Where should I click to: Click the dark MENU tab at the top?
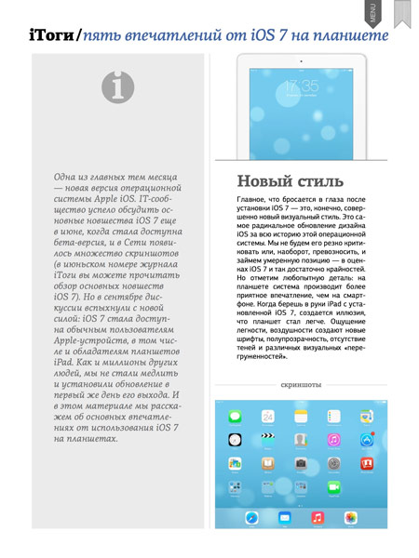pos(372,12)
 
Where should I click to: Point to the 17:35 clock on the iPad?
pos(302,87)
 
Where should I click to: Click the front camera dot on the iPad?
pos(302,61)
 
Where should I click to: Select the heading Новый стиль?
pos(291,179)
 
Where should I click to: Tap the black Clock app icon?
pos(236,439)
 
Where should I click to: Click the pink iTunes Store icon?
pos(333,439)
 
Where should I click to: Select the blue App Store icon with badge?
pos(366,439)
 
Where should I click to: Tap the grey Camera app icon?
pos(301,462)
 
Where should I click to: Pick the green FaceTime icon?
pos(333,485)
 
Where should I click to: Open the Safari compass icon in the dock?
pos(251,517)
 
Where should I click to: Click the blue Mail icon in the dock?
pos(284,517)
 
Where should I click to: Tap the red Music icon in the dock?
pos(317,517)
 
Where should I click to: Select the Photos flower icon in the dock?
pos(350,517)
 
